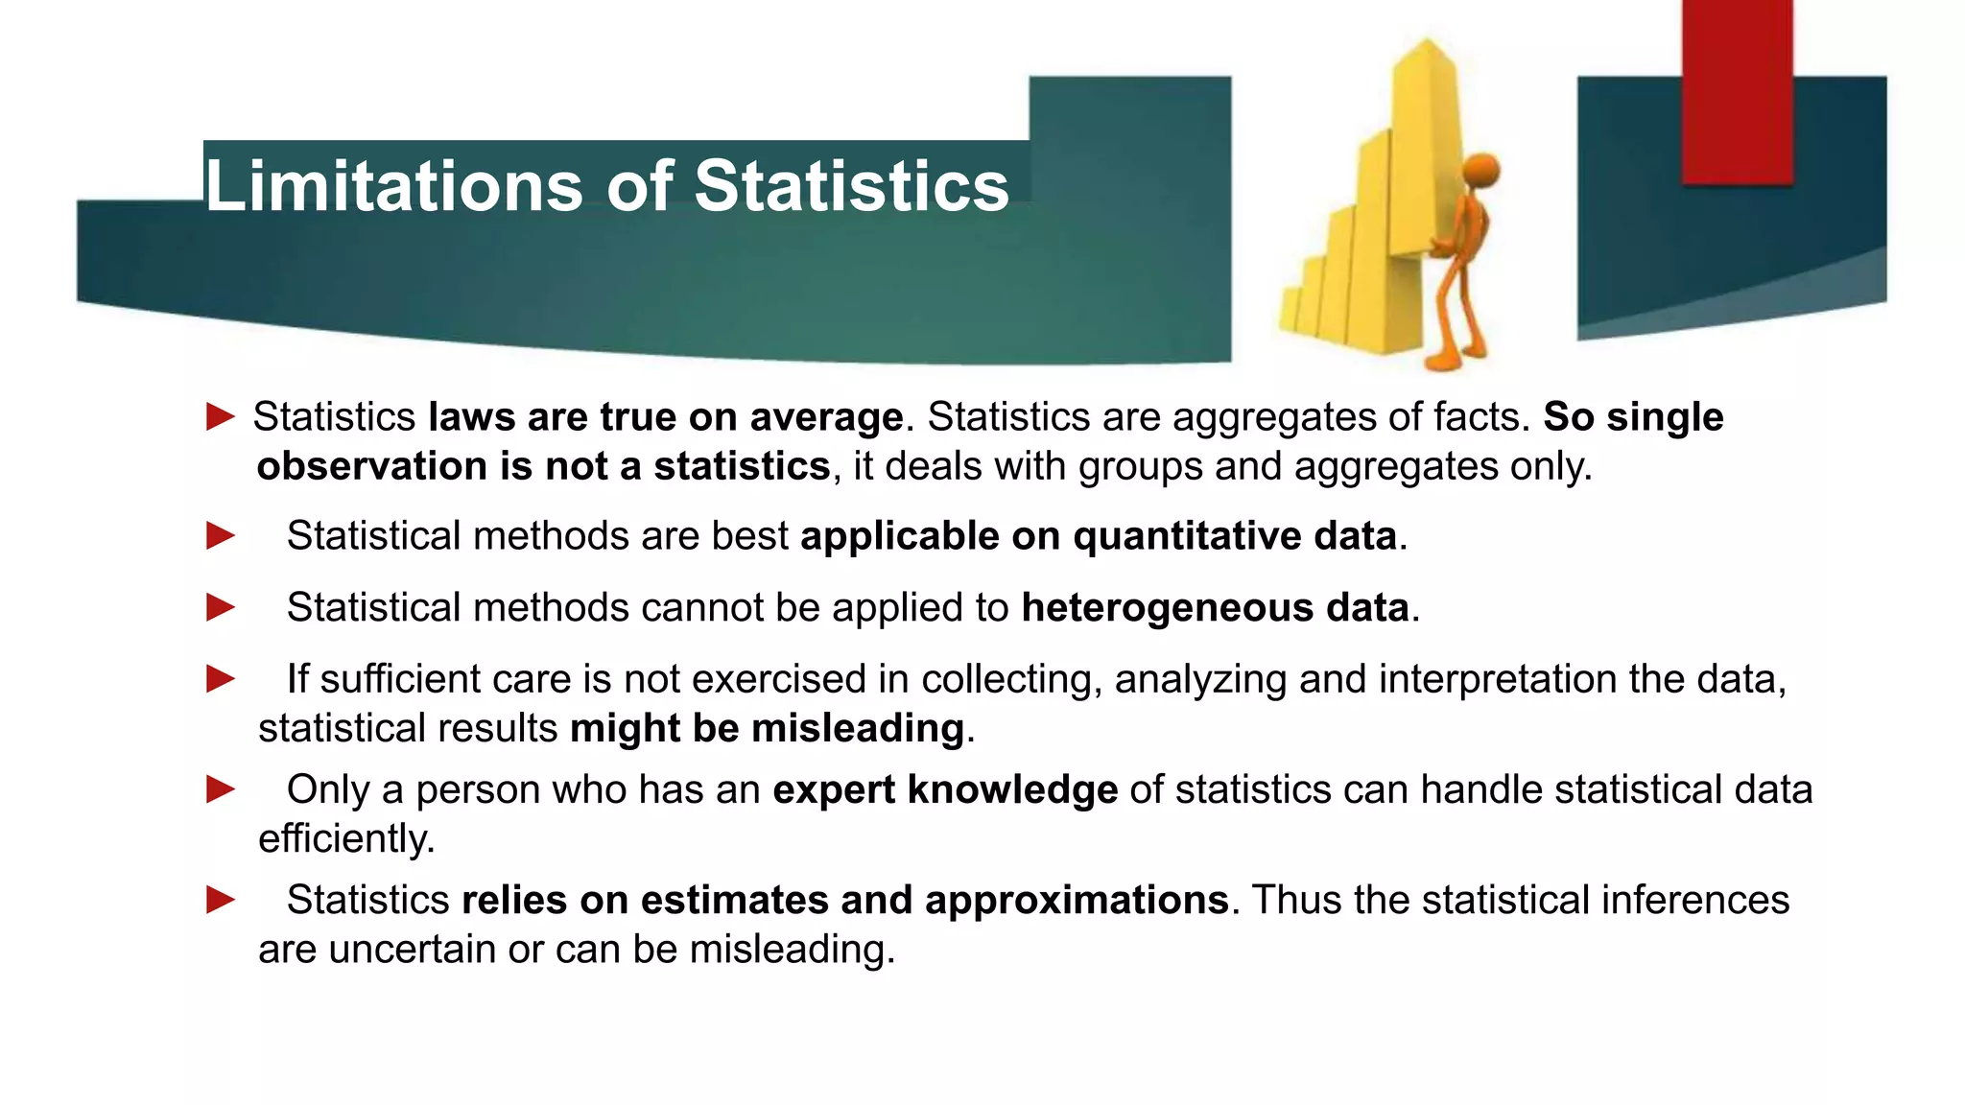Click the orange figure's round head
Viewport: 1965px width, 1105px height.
(1480, 172)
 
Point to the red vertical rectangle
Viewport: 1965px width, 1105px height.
(1737, 92)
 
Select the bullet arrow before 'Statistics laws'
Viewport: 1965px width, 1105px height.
(221, 417)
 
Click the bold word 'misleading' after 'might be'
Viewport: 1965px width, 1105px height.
(858, 728)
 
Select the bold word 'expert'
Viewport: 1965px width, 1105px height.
(834, 789)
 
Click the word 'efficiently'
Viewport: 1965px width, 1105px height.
(346, 838)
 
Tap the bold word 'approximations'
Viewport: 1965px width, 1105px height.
(1077, 900)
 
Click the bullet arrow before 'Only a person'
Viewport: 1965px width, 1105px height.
(221, 789)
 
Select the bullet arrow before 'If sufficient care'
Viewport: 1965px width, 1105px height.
(221, 679)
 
